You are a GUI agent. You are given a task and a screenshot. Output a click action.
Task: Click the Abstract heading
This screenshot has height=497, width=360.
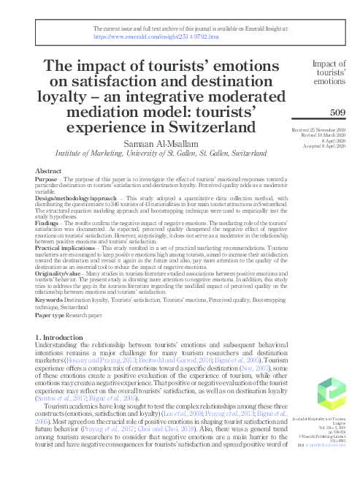48,170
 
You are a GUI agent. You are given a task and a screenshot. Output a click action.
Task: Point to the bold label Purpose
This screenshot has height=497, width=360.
47,179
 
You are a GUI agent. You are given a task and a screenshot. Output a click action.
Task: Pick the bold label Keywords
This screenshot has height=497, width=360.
50,300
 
